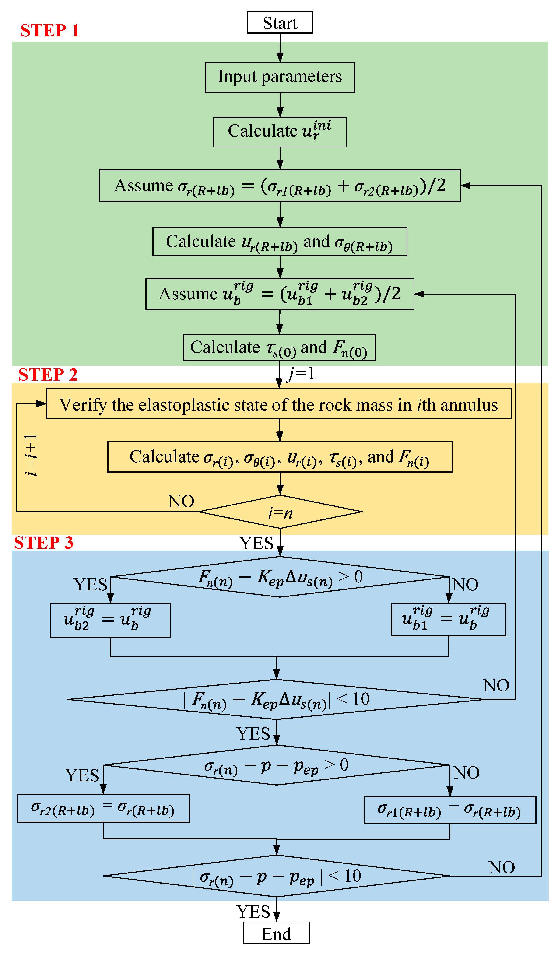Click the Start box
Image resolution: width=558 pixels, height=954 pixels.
280,22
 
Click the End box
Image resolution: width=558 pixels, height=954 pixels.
276,933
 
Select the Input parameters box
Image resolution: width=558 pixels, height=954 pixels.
280,77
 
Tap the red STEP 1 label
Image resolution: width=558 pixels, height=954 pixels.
49,30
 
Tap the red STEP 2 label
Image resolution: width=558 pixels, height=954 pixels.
48,374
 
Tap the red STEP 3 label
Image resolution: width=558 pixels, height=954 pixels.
44,543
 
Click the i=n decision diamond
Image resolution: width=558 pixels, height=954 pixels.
280,512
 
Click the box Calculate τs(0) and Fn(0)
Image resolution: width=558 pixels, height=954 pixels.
279,347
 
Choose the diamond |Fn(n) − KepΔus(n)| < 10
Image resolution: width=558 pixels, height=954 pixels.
276,699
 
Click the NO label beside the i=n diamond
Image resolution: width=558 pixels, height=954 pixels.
181,501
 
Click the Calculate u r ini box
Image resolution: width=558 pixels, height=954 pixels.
280,132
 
